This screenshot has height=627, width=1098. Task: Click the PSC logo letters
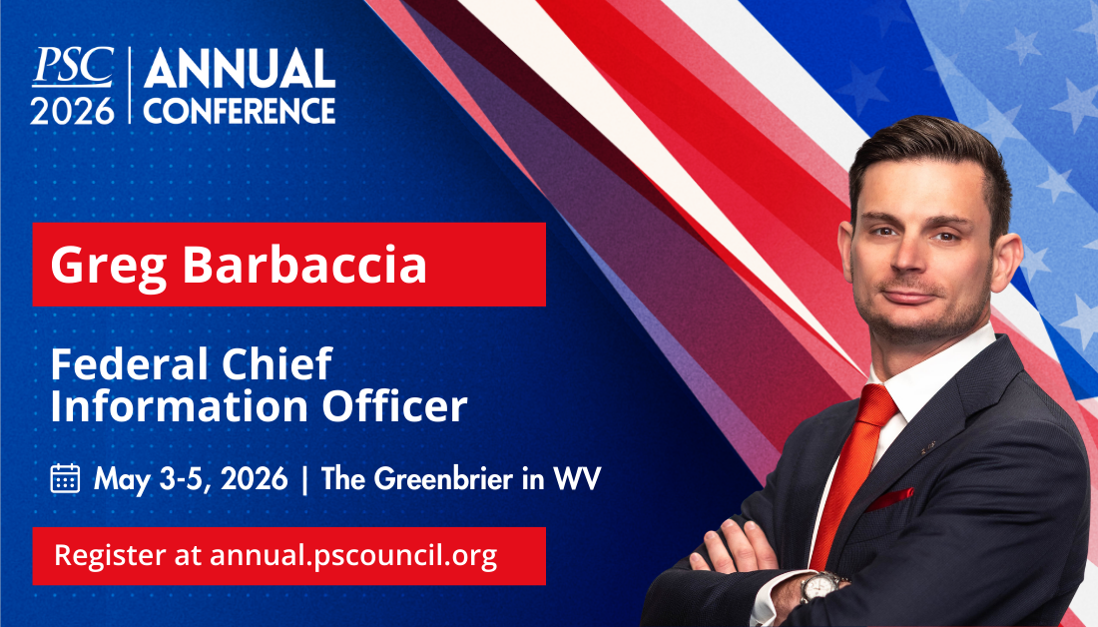(72, 67)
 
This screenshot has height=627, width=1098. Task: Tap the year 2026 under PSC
(72, 109)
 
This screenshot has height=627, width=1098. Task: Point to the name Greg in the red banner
(98, 265)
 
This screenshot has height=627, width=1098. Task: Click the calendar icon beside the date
(65, 478)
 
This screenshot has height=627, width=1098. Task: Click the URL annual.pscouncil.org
(353, 555)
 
